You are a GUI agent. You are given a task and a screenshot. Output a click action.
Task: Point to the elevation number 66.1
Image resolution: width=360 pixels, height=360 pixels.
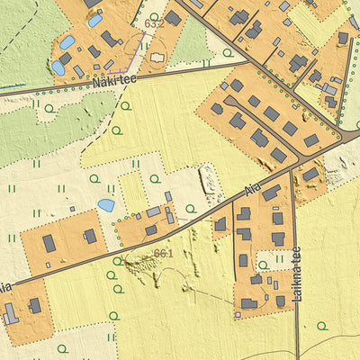163,253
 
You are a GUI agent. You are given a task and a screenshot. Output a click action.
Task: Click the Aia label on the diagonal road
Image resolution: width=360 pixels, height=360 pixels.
253,191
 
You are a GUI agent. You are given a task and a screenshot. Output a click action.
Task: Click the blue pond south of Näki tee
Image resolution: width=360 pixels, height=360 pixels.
106,205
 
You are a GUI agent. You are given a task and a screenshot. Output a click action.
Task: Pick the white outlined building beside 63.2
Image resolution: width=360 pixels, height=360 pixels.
157,57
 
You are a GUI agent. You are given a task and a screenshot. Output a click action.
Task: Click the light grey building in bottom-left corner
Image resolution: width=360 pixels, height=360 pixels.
10,314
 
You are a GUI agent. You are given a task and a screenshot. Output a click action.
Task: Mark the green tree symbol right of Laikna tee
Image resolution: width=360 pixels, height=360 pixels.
321,326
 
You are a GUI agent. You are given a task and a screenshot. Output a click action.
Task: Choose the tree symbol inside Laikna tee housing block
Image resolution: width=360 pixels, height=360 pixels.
262,265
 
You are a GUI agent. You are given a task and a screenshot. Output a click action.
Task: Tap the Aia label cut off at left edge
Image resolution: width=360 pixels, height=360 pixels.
4,287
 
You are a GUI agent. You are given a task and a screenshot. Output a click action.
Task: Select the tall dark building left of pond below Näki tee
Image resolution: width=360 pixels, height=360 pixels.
49,243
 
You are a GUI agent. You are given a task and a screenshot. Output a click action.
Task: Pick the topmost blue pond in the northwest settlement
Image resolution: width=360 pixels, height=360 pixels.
94,20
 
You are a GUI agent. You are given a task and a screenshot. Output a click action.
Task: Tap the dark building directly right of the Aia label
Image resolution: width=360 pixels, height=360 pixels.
271,193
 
